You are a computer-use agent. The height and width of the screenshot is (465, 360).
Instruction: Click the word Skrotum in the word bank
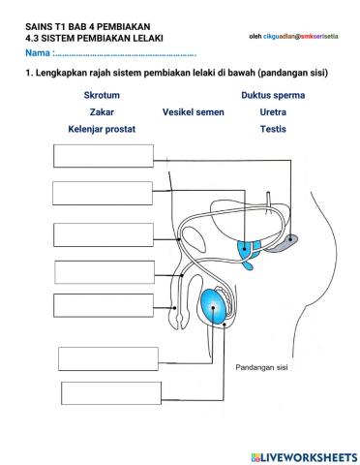coord(95,96)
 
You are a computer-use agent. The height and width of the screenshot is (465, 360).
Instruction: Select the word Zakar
coord(95,111)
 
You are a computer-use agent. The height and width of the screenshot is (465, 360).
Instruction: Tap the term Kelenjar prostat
coord(102,128)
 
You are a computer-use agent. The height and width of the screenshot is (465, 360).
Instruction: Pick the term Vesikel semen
coord(194,111)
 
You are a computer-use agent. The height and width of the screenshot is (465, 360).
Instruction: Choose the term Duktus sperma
coord(273,96)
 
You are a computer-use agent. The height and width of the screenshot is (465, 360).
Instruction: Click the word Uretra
coord(273,111)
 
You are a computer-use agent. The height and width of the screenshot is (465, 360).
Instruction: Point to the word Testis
coord(273,128)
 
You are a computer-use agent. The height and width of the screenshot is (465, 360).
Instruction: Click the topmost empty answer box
coord(89,156)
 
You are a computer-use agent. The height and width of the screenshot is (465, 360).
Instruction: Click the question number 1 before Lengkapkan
coord(29,72)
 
